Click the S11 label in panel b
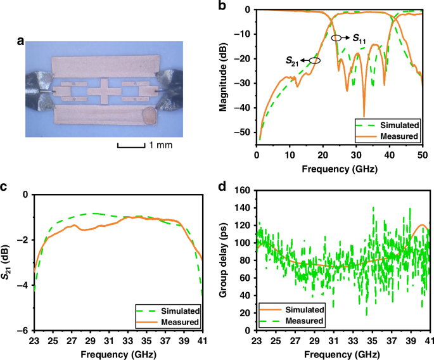pyautogui.click(x=359, y=39)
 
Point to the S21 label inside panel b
pyautogui.click(x=291, y=60)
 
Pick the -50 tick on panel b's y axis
pyautogui.click(x=247, y=132)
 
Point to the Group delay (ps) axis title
pyautogui.click(x=224, y=260)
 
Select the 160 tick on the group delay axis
pyautogui.click(x=245, y=190)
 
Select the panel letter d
pyautogui.click(x=221, y=187)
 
